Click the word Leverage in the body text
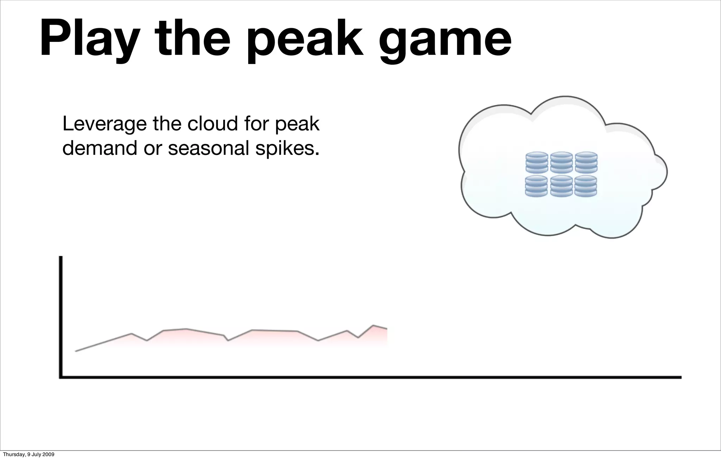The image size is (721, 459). (104, 125)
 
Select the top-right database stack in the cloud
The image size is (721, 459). (586, 162)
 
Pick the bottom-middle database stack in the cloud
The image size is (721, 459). (561, 186)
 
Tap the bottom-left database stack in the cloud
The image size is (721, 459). (537, 186)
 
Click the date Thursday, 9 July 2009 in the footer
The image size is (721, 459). (29, 454)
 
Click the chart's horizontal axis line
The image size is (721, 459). (370, 377)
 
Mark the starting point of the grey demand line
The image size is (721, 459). (76, 351)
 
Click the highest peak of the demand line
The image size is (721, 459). (374, 325)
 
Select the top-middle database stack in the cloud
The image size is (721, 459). (562, 162)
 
